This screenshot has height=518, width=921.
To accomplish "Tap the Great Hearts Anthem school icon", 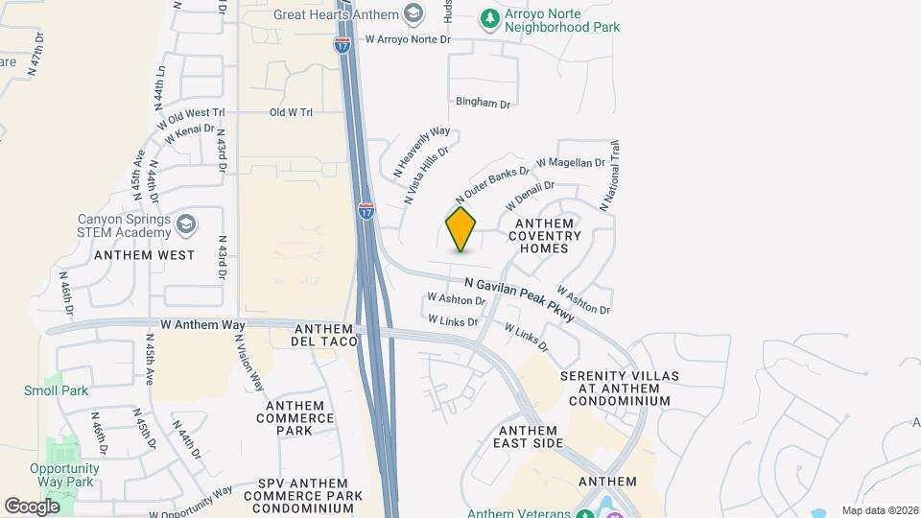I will coord(413,14).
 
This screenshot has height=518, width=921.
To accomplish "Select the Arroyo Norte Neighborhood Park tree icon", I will coord(489,18).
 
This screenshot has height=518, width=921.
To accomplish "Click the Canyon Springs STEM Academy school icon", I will coord(186,224).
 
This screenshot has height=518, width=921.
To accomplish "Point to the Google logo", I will coord(32,506).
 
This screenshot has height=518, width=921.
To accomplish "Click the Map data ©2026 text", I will coord(879,510).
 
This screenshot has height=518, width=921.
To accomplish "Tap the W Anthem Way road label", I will coord(203,326).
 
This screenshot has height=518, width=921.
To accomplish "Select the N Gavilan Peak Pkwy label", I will coord(519,297).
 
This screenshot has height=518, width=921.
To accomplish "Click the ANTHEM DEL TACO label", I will coord(325,334).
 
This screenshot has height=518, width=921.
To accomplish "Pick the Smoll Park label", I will coord(56,390).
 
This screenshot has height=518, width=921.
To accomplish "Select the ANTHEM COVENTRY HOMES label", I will coord(544,235).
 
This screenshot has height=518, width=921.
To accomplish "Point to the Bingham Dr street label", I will coord(483,103).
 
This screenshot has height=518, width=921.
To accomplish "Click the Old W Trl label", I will coord(292,112).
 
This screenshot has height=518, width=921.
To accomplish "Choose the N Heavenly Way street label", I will coord(421,152).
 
